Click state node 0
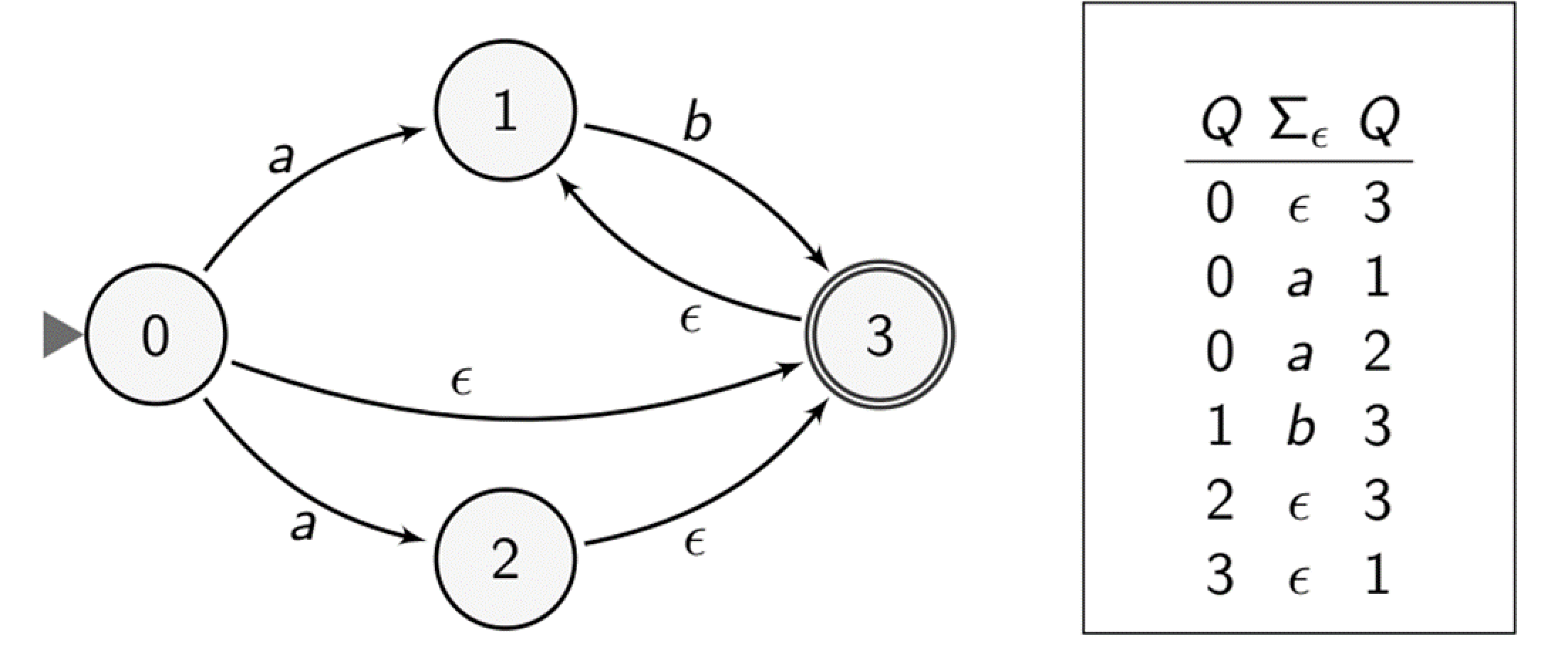[x=156, y=335]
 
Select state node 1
[x=505, y=110]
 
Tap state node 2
[x=505, y=559]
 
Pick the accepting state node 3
[x=879, y=335]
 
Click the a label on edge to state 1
[x=281, y=158]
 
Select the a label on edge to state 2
[x=302, y=526]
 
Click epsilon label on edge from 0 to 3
[x=462, y=382]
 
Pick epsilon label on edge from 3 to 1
[x=690, y=320]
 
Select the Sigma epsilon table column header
[x=1298, y=121]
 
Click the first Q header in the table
[x=1220, y=121]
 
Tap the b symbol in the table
[x=1300, y=427]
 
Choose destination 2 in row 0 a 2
[x=1377, y=352]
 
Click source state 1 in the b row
[x=1220, y=427]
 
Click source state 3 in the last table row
[x=1220, y=575]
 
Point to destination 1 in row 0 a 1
[x=1377, y=278]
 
